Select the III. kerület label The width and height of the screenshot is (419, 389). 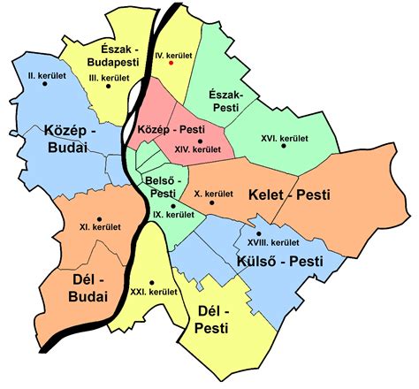pyautogui.click(x=110, y=79)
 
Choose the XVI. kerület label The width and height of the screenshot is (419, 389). pyautogui.click(x=283, y=139)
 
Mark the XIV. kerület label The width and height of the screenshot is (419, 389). pyautogui.click(x=200, y=150)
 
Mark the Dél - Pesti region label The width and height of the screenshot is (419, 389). pyautogui.click(x=213, y=320)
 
